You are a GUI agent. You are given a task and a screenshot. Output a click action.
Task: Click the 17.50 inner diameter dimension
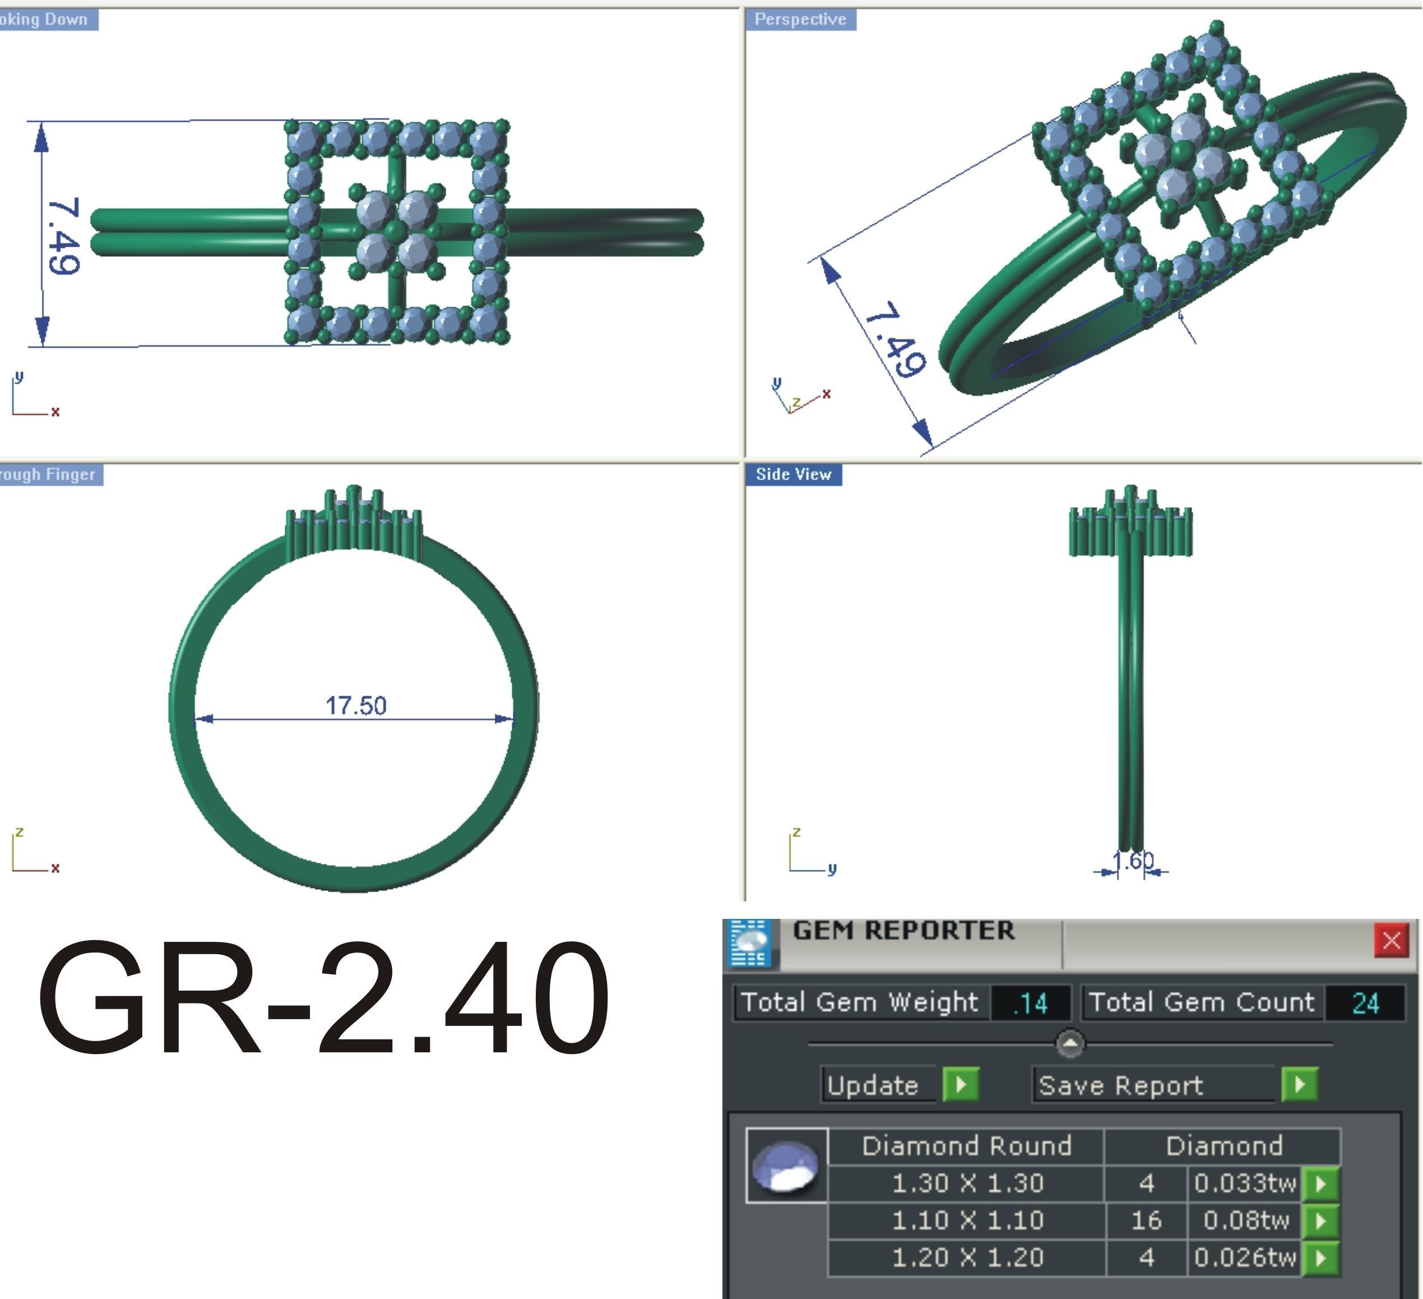[x=356, y=705]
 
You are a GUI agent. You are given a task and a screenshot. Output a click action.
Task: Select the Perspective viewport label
[x=800, y=19]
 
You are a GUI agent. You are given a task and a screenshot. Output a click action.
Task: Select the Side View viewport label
[x=794, y=474]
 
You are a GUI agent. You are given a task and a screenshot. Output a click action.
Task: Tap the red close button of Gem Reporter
[x=1391, y=940]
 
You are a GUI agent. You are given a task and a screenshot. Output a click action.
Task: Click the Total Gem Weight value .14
[x=1030, y=1003]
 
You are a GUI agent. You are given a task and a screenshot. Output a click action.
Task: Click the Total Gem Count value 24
[x=1365, y=1003]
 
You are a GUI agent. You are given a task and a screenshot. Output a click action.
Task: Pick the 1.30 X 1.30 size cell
[x=967, y=1183]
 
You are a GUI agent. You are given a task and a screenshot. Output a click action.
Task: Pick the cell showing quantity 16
[x=1146, y=1220]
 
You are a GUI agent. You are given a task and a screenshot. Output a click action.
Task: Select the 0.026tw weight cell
[x=1244, y=1258]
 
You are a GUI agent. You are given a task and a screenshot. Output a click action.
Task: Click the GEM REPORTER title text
[x=903, y=931]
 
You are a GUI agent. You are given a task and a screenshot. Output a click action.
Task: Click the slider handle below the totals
[x=1070, y=1043]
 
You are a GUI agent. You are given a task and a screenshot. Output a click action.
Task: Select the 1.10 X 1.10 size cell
[x=967, y=1220]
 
